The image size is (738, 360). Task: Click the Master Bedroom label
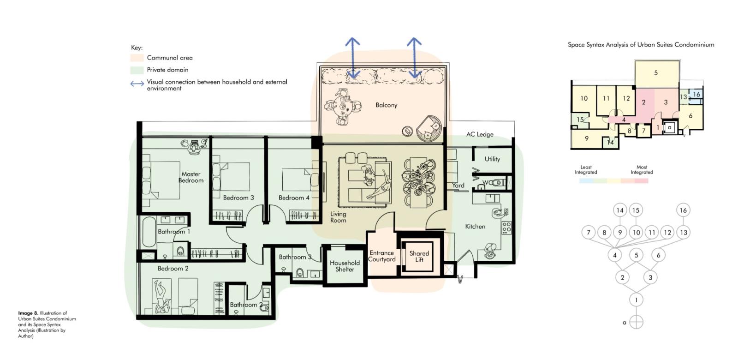pyautogui.click(x=191, y=177)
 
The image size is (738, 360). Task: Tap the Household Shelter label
pyautogui.click(x=345, y=266)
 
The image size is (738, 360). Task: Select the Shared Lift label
pyautogui.click(x=419, y=257)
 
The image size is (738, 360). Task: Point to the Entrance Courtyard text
pyautogui.click(x=381, y=256)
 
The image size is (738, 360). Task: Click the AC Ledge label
pyautogui.click(x=480, y=134)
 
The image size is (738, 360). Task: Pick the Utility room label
pyautogui.click(x=492, y=159)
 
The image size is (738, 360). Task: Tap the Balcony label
pyautogui.click(x=387, y=105)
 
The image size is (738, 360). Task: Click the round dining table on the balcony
pyautogui.click(x=343, y=107)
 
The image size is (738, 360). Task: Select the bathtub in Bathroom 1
pyautogui.click(x=149, y=232)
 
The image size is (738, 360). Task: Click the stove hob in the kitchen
pyautogui.click(x=506, y=227)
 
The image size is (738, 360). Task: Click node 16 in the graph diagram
pyautogui.click(x=683, y=210)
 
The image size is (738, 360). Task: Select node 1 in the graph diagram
pyautogui.click(x=636, y=300)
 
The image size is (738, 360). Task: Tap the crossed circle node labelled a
pyautogui.click(x=636, y=322)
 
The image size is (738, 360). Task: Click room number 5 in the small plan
pyautogui.click(x=655, y=73)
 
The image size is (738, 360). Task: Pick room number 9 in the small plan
pyautogui.click(x=586, y=138)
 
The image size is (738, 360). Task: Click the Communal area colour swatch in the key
pyautogui.click(x=137, y=58)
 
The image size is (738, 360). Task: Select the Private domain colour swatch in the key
pyautogui.click(x=137, y=70)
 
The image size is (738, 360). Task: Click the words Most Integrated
pyautogui.click(x=642, y=169)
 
